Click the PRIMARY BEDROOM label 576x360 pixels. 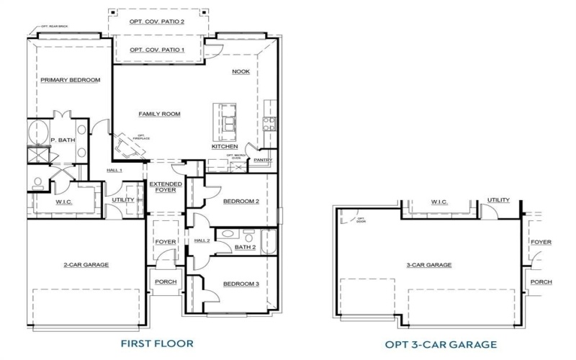coord(70,80)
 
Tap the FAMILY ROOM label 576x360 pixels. coord(159,114)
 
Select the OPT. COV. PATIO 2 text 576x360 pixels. coord(157,22)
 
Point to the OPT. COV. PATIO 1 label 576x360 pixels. coord(157,50)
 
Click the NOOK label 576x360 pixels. coord(240,71)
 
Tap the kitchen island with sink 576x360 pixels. coord(228,122)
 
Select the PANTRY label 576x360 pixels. coord(263,160)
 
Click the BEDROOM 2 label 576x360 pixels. coord(240,201)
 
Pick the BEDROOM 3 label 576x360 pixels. coord(240,283)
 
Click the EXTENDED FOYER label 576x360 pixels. coord(166,188)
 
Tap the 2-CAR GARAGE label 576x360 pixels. coord(86,265)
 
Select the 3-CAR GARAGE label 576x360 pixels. coord(429,265)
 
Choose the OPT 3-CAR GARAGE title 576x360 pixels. coord(441,343)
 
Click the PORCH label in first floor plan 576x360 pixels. coord(165,282)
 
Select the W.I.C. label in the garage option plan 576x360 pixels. coord(439,202)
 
